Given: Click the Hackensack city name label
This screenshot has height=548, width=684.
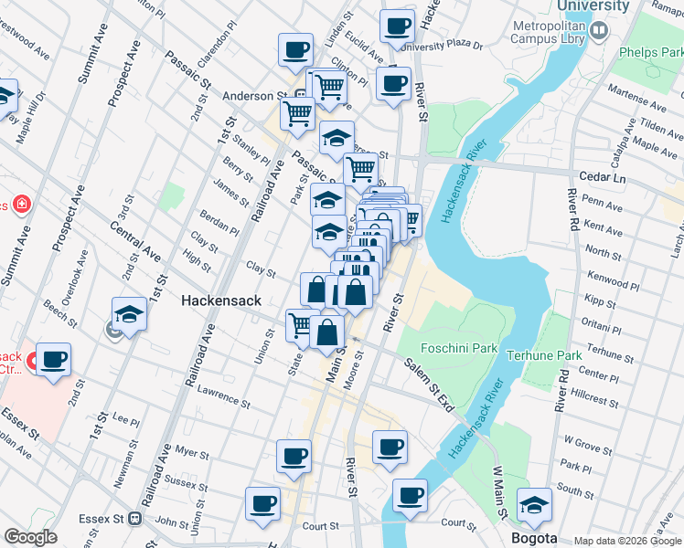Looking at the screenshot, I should coord(221,300).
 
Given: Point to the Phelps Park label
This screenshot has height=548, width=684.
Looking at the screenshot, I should coord(650,54).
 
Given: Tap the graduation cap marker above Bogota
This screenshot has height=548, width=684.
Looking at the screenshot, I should coord(535,503).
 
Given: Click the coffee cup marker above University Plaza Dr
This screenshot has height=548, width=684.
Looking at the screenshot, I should coord(397,26).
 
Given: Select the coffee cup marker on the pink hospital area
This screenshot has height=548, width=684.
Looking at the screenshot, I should coord(54,359).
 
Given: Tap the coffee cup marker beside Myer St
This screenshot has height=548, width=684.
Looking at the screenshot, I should coord(294,456).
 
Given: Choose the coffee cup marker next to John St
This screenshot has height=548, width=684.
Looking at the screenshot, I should coord(262,503).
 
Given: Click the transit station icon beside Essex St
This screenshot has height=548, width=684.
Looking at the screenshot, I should coord(135,519).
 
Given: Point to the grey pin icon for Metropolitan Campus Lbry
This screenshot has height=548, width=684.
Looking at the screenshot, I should coord(599,30).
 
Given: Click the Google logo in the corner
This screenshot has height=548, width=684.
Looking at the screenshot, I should coord(30,537).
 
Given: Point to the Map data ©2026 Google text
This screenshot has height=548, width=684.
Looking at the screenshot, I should coord(626,541).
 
